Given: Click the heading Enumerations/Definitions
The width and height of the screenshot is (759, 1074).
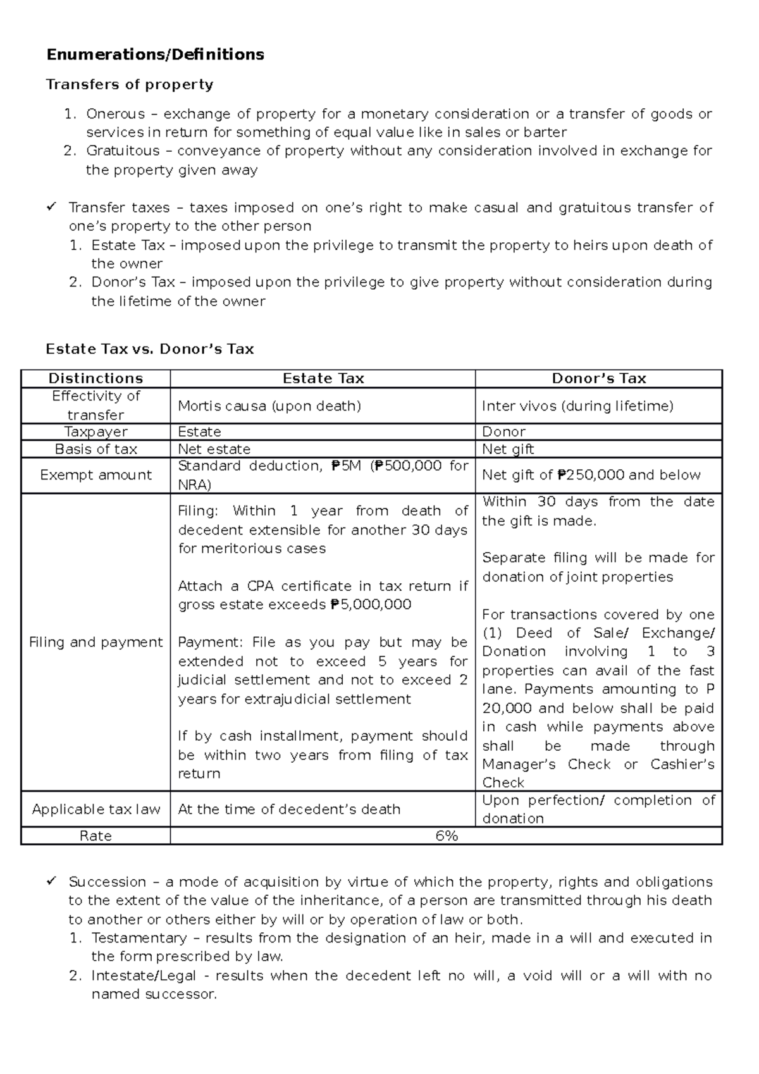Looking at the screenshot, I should [155, 55].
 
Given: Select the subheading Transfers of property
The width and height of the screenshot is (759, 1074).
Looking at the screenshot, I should [130, 85].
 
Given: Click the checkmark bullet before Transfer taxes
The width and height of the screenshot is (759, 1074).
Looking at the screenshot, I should [52, 207].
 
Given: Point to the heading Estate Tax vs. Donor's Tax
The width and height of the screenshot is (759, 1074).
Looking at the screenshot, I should [150, 349].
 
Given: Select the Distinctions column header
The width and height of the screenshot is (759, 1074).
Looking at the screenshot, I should [96, 379].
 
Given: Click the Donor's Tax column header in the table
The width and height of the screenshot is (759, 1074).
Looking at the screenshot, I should [598, 379].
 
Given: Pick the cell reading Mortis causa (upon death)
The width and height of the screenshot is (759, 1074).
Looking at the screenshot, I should [269, 406].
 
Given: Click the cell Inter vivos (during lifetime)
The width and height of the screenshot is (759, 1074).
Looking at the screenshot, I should [577, 406].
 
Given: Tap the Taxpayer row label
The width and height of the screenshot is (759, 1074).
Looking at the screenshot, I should [96, 432].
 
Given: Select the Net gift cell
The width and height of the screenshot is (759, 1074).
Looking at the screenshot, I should [507, 450].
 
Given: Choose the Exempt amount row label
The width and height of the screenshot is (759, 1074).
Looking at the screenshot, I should [96, 475].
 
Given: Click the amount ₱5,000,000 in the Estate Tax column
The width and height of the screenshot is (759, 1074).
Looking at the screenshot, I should [371, 605].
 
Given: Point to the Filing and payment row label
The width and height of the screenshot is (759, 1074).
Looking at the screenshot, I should [96, 643].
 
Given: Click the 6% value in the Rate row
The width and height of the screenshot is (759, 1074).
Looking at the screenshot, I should [446, 836].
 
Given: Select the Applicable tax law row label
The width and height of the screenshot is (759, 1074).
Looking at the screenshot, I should [96, 810].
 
